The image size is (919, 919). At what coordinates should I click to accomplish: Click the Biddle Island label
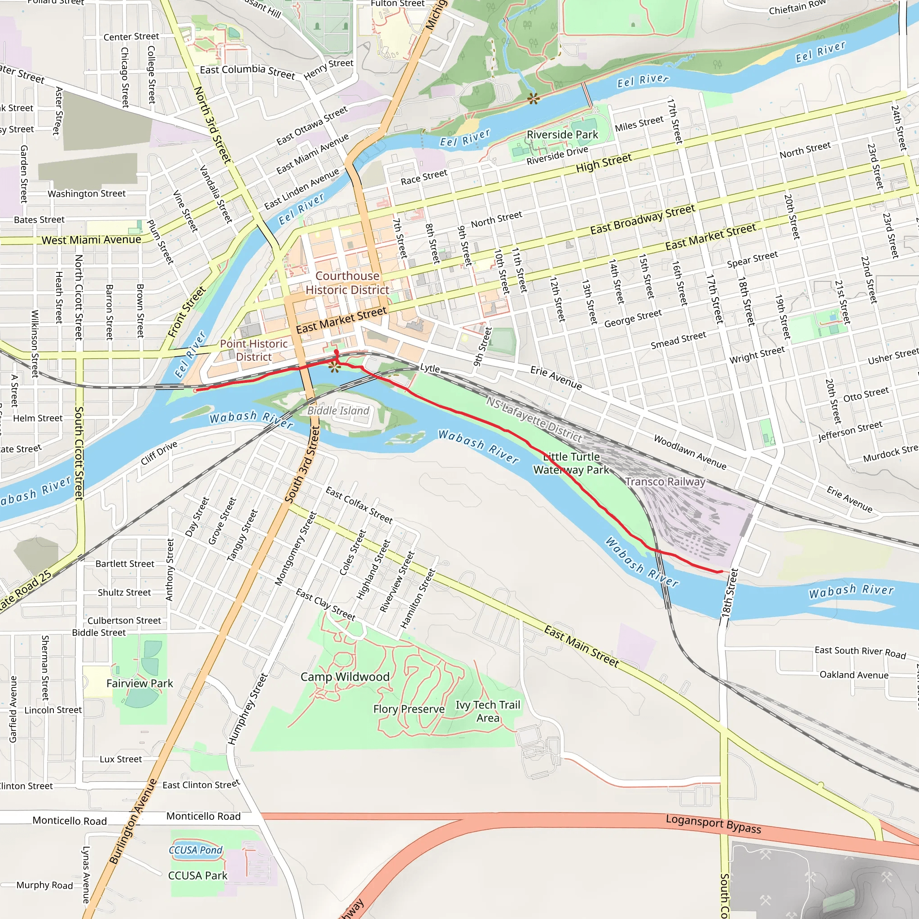click(338, 411)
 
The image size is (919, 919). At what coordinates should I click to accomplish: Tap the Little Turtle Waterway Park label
click(571, 463)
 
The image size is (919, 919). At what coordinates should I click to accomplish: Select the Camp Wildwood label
click(345, 676)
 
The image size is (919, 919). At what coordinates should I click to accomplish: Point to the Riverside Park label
click(562, 135)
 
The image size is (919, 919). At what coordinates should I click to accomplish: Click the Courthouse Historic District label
click(347, 283)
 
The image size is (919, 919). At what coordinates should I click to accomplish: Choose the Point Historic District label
click(254, 350)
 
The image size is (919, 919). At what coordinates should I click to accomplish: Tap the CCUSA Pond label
click(196, 849)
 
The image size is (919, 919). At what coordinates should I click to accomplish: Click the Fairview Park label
click(140, 683)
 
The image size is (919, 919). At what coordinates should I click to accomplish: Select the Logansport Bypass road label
click(713, 824)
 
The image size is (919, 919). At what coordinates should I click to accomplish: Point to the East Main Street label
click(581, 647)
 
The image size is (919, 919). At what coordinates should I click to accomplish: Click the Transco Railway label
click(665, 481)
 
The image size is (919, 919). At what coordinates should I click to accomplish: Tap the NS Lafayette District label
click(534, 419)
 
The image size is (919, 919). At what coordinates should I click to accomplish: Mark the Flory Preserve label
click(409, 709)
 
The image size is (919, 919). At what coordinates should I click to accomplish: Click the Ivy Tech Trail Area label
click(488, 711)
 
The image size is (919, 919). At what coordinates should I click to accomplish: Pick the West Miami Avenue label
click(92, 240)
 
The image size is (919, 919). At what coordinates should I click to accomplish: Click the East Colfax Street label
click(359, 505)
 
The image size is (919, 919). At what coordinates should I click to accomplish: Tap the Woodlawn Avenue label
click(690, 452)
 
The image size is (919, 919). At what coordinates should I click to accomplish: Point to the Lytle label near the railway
click(429, 368)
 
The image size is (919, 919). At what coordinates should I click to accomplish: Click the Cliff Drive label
click(159, 452)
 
